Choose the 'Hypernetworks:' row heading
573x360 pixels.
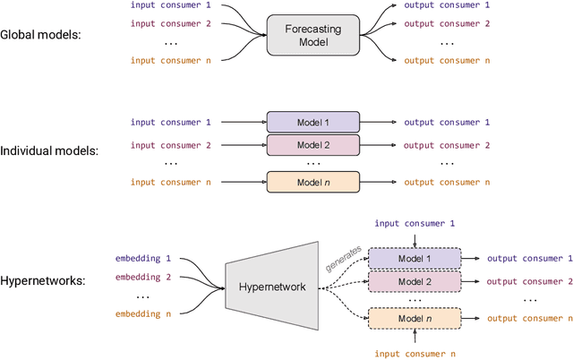[x=43, y=280]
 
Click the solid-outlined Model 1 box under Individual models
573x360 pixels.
[x=312, y=123]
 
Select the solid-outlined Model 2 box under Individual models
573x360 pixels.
[x=312, y=144]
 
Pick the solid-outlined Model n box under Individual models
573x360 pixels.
[x=312, y=182]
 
